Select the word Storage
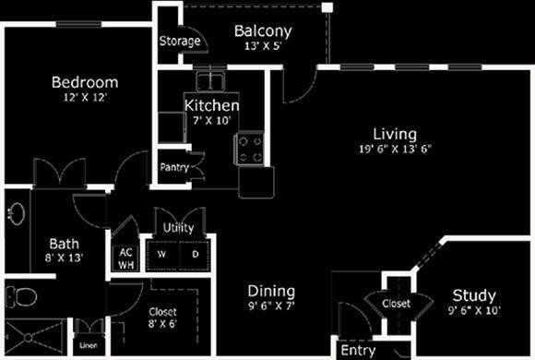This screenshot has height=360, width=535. [179, 42]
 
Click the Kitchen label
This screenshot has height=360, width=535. [212, 105]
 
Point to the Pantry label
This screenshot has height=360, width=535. [174, 167]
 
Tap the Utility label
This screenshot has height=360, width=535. [179, 227]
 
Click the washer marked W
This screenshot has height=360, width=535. [162, 252]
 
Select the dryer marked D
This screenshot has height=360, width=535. [196, 252]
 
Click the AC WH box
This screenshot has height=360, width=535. [125, 257]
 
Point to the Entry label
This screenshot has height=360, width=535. [358, 351]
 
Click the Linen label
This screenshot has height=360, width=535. [89, 346]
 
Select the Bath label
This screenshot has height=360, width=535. [64, 244]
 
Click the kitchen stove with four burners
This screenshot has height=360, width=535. [250, 149]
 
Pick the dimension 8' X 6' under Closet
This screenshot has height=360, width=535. [161, 324]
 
